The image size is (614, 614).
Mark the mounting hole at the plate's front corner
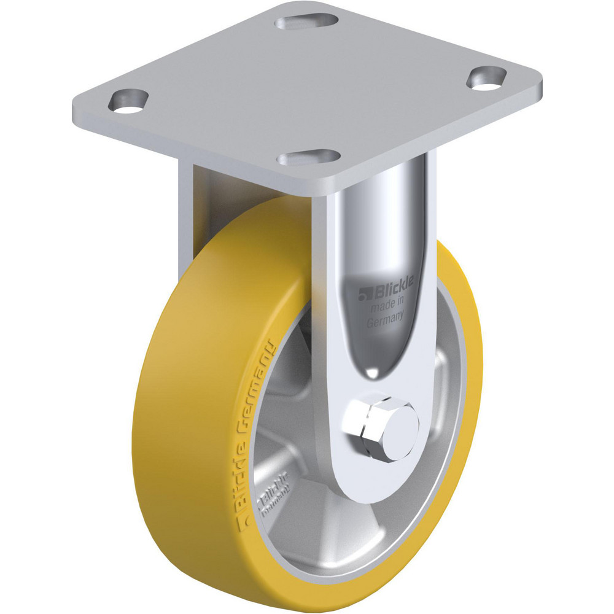(x=308, y=158)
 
